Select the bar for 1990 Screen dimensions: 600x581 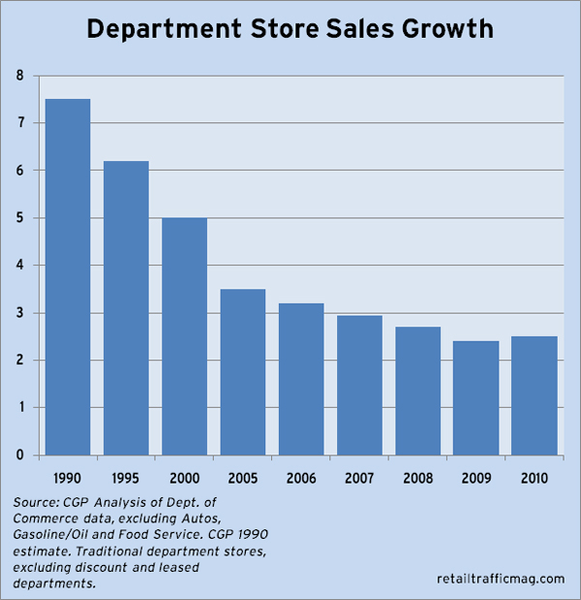(68, 277)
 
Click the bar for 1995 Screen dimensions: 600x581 (126, 308)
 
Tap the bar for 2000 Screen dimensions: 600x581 (184, 336)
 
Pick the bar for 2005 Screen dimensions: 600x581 (242, 372)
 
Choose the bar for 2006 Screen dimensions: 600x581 (301, 379)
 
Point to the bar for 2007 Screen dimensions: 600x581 (359, 385)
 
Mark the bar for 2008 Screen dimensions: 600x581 (417, 391)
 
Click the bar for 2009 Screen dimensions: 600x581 (475, 398)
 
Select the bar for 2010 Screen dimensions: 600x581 (534, 395)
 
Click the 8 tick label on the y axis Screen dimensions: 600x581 (18, 76)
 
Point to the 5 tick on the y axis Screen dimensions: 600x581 (18, 218)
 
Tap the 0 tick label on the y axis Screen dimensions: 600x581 (18, 456)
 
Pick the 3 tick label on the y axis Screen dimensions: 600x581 (18, 313)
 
